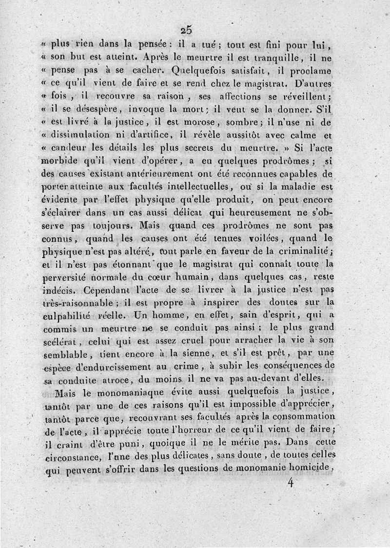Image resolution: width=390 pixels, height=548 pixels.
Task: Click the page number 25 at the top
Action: coord(186,29)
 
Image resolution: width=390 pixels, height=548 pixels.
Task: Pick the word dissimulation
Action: coord(83,135)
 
